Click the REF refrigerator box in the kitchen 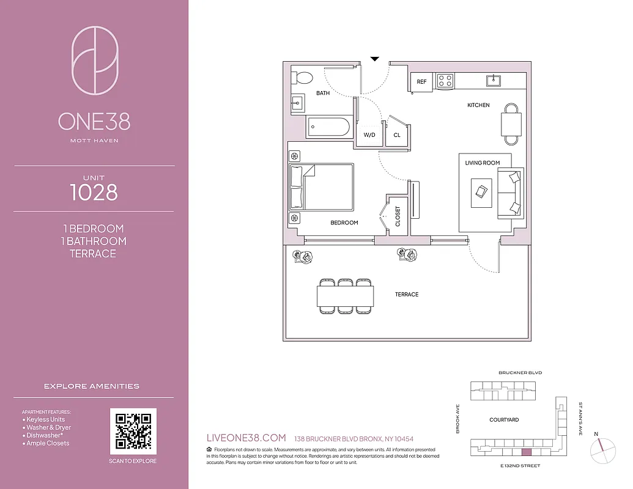tap(422, 82)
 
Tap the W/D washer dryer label tap(369, 134)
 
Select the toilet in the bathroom tap(302, 78)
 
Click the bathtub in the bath tap(328, 128)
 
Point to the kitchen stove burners tap(445, 81)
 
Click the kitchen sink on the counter tap(494, 80)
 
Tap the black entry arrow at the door tap(375, 59)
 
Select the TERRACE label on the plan tap(407, 295)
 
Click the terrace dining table tap(346, 296)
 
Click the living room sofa tap(510, 193)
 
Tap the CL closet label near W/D tap(397, 134)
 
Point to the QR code tap(133, 431)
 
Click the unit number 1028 tap(94, 193)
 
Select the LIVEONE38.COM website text tap(247, 438)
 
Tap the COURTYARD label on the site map tap(504, 420)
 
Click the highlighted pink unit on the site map tap(525, 452)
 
